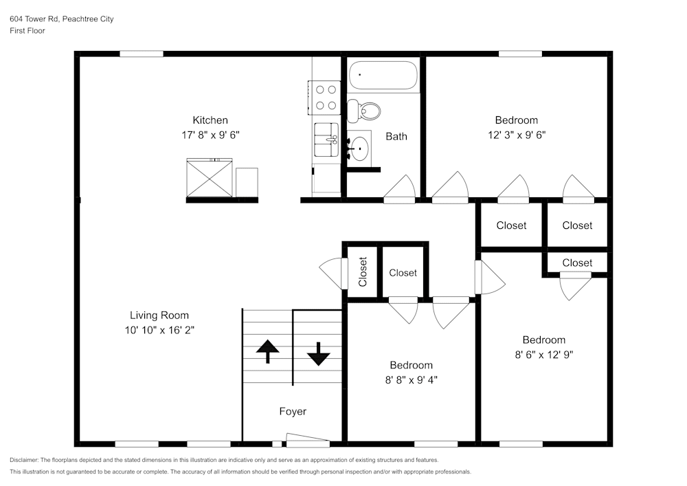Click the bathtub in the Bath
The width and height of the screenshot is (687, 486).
tap(383, 76)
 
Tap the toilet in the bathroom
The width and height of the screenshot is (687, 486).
tap(364, 110)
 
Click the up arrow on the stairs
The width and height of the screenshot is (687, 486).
tap(267, 351)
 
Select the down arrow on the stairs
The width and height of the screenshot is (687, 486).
tap(318, 353)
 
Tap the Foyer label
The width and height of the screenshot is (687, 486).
tap(292, 412)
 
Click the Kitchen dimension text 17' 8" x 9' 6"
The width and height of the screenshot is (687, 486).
tap(210, 135)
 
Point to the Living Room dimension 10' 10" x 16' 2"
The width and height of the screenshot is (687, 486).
tap(159, 330)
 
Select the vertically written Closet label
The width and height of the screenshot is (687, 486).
tap(363, 272)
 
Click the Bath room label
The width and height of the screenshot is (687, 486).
tap(396, 136)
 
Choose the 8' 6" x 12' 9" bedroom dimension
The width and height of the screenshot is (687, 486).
tap(543, 355)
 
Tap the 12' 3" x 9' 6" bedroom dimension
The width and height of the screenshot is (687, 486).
tap(516, 135)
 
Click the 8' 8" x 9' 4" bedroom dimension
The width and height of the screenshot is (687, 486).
tap(411, 379)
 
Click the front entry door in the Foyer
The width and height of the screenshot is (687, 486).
tap(307, 440)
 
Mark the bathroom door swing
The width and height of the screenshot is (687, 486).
tap(400, 189)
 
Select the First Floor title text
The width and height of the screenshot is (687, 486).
tap(27, 31)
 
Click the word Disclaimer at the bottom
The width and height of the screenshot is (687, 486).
tap(24, 460)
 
